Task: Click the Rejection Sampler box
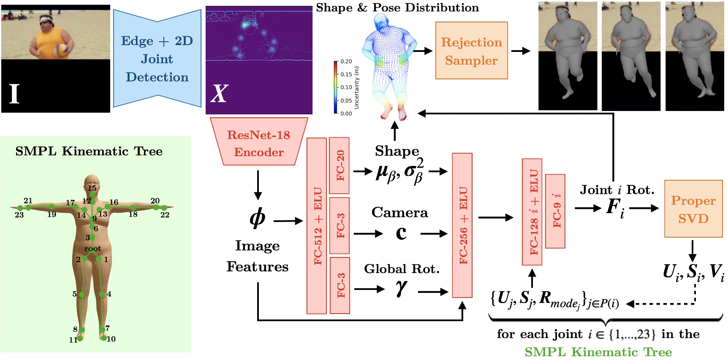471,51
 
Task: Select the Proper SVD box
693,209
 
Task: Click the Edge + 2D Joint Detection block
157,59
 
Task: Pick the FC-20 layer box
339,165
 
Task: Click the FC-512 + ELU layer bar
317,226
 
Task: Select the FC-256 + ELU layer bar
462,225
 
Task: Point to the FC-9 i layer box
555,211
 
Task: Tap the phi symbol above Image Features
257,218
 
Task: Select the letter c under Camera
401,233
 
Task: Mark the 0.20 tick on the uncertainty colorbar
346,62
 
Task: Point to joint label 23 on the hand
19,215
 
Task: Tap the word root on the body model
92,249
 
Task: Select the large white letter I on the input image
14,93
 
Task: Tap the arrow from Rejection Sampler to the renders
520,51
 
